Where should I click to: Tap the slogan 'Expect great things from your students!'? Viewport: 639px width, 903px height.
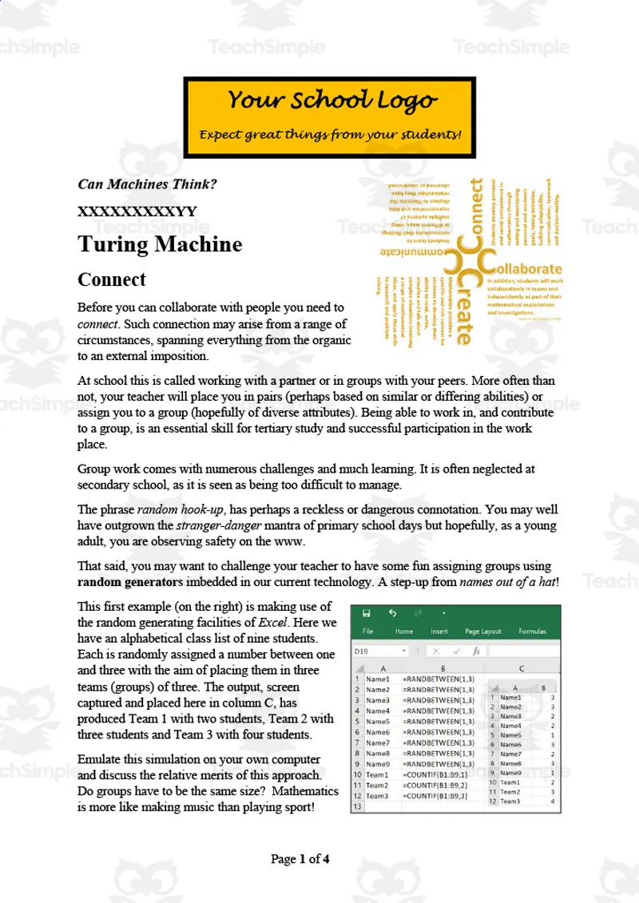(330, 134)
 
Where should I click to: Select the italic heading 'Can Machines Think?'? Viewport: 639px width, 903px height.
(147, 184)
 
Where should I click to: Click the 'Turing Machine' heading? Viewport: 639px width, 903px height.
(160, 244)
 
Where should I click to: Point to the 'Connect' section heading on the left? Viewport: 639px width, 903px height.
(111, 279)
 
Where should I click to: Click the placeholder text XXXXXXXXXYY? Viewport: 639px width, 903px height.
(137, 212)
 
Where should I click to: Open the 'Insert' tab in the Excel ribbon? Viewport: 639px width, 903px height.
(439, 631)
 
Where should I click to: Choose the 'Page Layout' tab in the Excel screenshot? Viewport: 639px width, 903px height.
(483, 631)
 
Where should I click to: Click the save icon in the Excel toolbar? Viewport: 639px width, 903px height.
(366, 613)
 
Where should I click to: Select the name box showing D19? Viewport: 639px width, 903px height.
(379, 652)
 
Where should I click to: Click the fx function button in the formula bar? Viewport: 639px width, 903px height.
(476, 652)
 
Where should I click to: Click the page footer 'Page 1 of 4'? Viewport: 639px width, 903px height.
(300, 859)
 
